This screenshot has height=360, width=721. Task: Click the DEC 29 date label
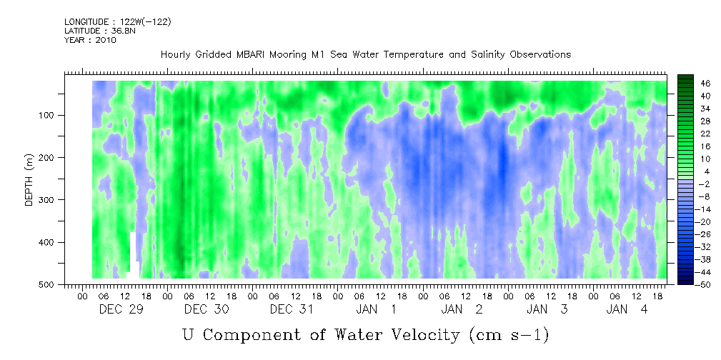click(121, 309)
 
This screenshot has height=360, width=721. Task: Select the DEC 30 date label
click(207, 309)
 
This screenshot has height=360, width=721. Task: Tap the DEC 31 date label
click(292, 309)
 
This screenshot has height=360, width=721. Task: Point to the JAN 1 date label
click(376, 309)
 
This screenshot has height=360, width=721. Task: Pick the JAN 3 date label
click(547, 309)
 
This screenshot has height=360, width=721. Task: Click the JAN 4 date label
click(627, 309)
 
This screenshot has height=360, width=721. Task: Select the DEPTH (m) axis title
click(29, 183)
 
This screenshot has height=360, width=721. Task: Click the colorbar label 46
click(705, 84)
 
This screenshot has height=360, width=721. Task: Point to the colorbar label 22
click(705, 136)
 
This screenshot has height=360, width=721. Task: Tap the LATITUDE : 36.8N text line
click(100, 31)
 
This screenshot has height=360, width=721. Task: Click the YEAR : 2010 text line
click(91, 40)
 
